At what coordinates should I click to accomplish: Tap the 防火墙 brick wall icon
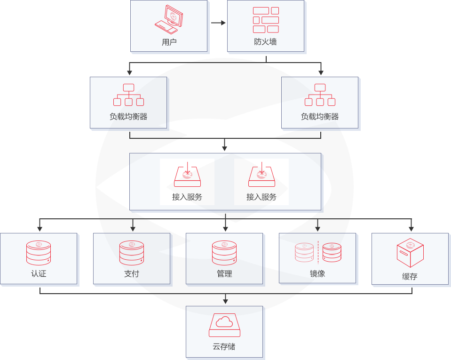coord(266,20)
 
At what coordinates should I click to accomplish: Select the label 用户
coord(169,42)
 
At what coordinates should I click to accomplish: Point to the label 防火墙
coord(266,41)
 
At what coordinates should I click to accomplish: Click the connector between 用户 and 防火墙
coord(218,23)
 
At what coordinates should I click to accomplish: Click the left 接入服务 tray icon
coord(187,174)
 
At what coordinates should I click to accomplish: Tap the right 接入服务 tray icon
coord(261,174)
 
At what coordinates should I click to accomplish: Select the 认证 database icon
coord(39,252)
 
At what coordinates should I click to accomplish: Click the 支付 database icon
coord(131,252)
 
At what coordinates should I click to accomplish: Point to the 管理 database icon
coord(224,252)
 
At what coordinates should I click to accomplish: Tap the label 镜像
coord(317,273)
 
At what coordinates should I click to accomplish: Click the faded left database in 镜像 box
coord(304,252)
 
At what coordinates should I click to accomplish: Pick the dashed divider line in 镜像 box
coord(318,252)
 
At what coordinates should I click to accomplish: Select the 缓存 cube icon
coord(410,253)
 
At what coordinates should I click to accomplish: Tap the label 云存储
coord(224,347)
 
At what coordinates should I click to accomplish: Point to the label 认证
coord(39,273)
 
